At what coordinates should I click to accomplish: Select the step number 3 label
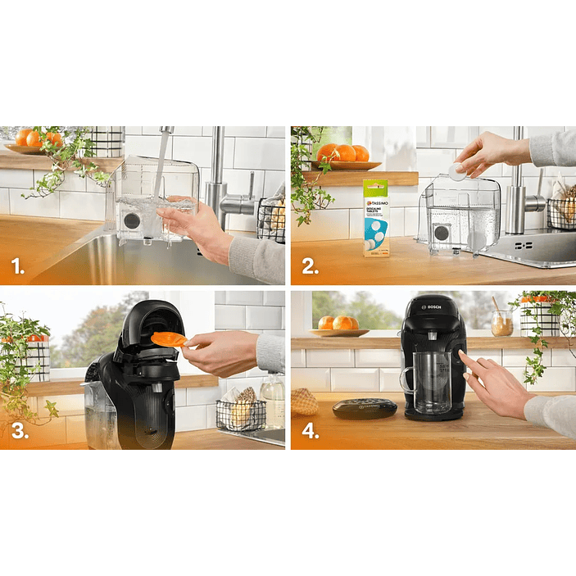pos(20,430)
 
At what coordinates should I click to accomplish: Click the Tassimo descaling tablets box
pos(376,217)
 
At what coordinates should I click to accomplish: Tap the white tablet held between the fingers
pos(456,171)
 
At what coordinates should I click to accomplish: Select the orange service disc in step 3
pos(168,338)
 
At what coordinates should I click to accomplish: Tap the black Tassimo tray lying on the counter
pos(365,407)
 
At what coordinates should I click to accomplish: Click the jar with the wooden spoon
pos(501,322)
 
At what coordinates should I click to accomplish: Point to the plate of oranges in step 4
pos(339,325)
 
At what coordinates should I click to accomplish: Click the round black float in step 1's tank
pos(131,221)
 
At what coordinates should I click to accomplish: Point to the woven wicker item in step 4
pos(305,401)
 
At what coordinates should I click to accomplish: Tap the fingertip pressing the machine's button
pos(462,355)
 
